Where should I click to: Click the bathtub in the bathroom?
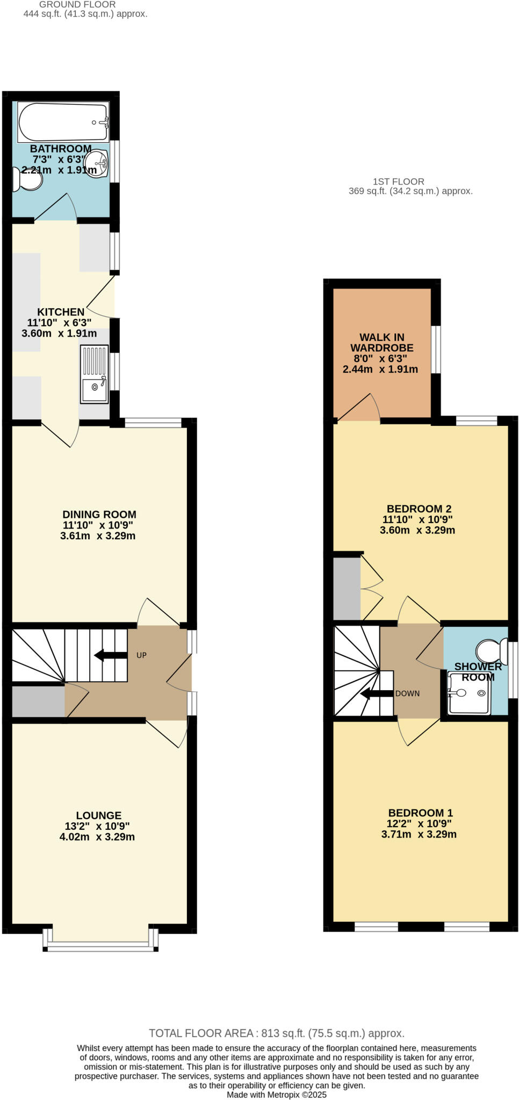(63, 122)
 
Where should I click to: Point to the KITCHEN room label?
(61, 312)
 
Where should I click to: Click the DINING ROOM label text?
(99, 515)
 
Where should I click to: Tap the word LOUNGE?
(99, 815)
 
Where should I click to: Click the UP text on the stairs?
(141, 655)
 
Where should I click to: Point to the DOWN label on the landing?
(407, 693)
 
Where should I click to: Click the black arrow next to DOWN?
(377, 694)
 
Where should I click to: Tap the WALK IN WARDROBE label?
(381, 343)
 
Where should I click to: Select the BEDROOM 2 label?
(419, 509)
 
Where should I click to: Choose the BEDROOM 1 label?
(420, 813)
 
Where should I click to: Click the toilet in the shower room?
(492, 650)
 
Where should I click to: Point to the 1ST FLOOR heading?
(399, 182)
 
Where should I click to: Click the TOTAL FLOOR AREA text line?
(277, 1033)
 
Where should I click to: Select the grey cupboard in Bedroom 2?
(347, 589)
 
